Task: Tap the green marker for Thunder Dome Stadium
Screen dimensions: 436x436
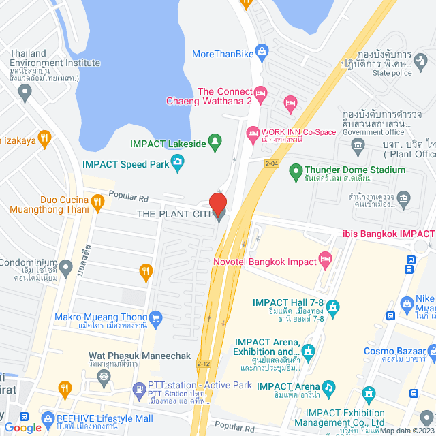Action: click(x=296, y=170)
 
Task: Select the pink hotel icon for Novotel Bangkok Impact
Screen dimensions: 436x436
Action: click(x=326, y=258)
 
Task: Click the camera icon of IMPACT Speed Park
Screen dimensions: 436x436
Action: click(x=177, y=161)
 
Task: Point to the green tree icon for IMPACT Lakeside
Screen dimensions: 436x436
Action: click(x=215, y=141)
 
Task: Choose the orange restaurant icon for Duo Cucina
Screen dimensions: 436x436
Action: click(x=97, y=201)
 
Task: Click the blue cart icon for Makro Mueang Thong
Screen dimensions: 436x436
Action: click(x=156, y=317)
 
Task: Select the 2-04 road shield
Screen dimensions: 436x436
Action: click(x=272, y=163)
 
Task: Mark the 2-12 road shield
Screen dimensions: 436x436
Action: click(x=203, y=364)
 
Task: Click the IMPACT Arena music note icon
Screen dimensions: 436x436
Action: click(x=328, y=387)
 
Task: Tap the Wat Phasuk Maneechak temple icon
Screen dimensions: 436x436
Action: click(x=104, y=375)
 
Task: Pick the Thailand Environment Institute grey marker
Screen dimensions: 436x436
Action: click(x=27, y=93)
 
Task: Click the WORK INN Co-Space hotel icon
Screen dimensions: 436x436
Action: click(x=252, y=131)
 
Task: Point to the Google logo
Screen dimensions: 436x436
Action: click(x=22, y=427)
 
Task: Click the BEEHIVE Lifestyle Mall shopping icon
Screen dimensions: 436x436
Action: click(x=47, y=417)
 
